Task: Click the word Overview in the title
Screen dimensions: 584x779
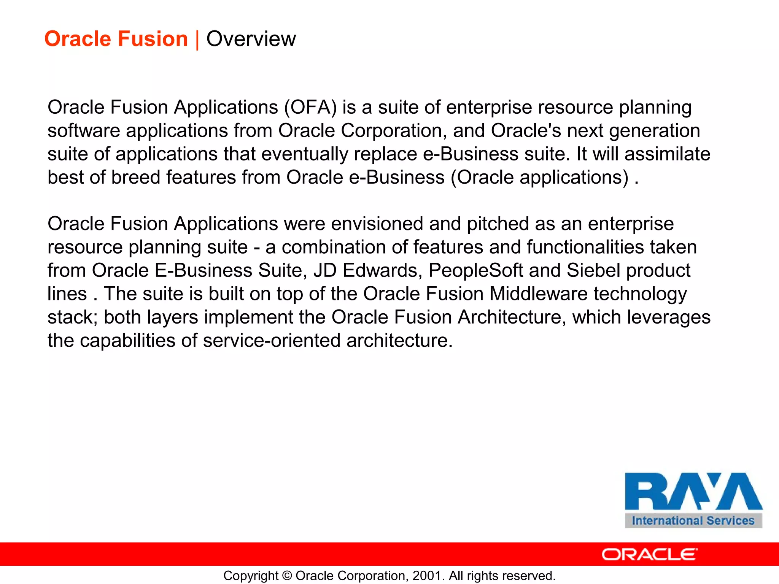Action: (251, 39)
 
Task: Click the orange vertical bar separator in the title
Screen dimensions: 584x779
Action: (197, 40)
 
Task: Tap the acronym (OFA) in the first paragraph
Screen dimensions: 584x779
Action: (310, 107)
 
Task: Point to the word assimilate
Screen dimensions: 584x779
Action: (667, 154)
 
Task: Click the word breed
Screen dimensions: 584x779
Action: (135, 177)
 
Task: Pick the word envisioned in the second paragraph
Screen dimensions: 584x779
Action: (377, 224)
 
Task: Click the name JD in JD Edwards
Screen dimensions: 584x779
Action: (325, 270)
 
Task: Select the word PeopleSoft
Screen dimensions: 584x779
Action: (475, 270)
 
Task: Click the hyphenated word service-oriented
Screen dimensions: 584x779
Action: (272, 340)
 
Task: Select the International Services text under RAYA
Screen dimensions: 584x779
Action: (693, 521)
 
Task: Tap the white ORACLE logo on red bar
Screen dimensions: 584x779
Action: (650, 554)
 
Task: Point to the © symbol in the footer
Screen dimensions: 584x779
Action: (287, 576)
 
